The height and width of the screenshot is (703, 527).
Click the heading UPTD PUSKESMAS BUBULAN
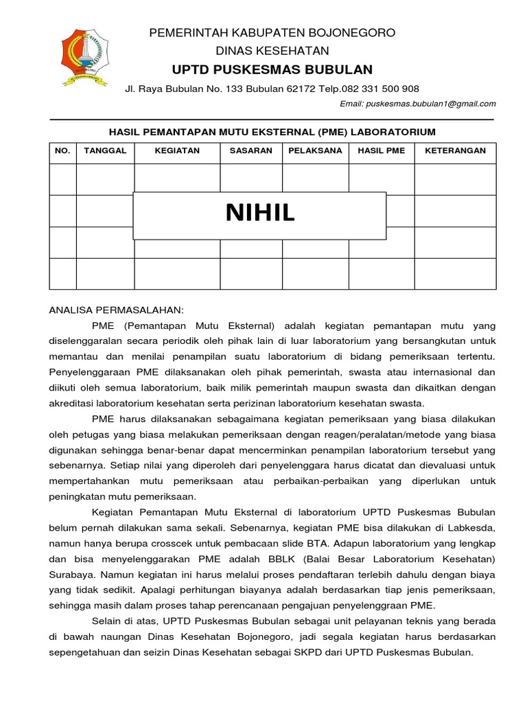pyautogui.click(x=272, y=69)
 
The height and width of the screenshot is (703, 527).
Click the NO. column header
pyautogui.click(x=62, y=151)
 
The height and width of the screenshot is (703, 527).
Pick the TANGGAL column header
pyautogui.click(x=105, y=151)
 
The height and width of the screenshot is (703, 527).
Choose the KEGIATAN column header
pyautogui.click(x=177, y=151)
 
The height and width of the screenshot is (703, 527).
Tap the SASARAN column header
pyautogui.click(x=250, y=151)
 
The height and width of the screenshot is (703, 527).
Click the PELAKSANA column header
pyautogui.click(x=315, y=151)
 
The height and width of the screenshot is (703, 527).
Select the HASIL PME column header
pyautogui.click(x=382, y=151)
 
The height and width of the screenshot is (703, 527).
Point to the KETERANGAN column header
pyautogui.click(x=455, y=151)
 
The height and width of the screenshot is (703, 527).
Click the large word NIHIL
pyautogui.click(x=260, y=214)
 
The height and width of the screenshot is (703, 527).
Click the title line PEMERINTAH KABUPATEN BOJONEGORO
pyautogui.click(x=272, y=33)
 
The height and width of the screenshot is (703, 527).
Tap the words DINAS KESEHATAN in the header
pyautogui.click(x=272, y=51)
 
